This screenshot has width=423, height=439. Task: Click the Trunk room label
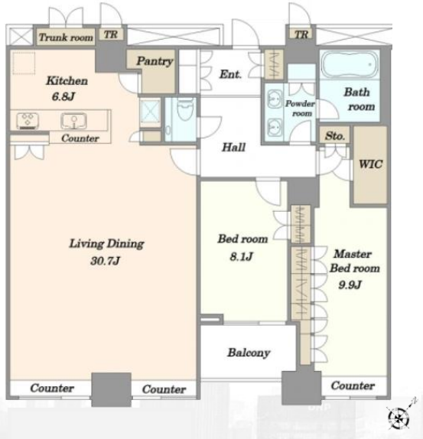66,37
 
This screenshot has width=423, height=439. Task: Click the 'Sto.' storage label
334,136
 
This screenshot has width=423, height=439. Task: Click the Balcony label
248,353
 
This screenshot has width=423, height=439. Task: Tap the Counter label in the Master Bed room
353,386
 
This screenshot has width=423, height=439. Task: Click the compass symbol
398,417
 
